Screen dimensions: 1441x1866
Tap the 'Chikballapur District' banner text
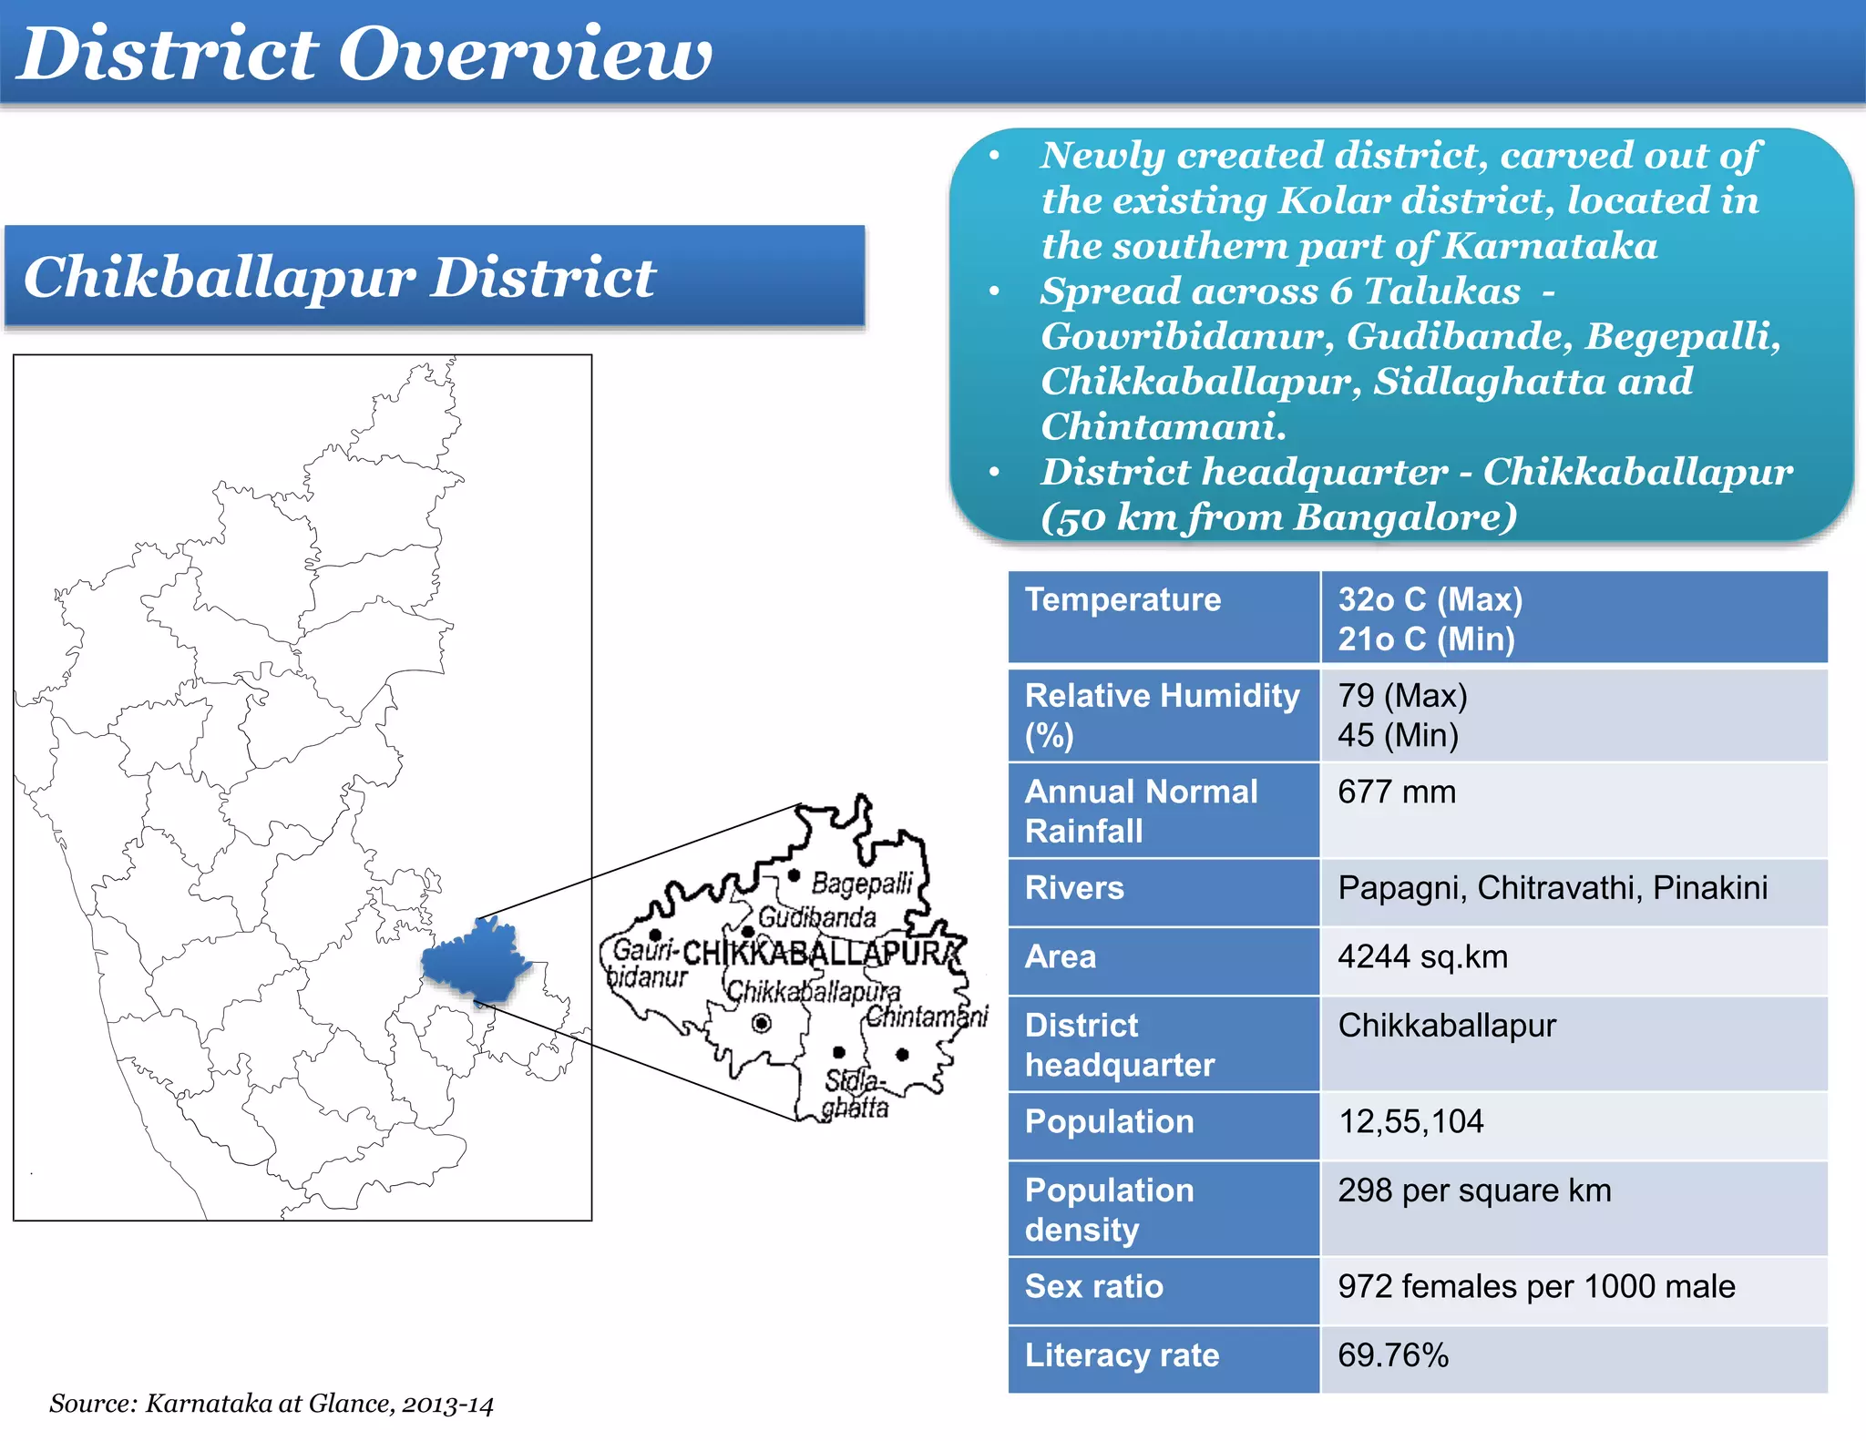tap(339, 277)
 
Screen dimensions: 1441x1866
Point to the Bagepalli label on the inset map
tap(861, 883)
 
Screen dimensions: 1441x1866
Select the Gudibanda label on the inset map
tap(816, 916)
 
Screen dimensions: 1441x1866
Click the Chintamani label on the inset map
tap(926, 1016)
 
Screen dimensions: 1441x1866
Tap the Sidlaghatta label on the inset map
tap(855, 1094)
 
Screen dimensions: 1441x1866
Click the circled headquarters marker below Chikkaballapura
tap(762, 1023)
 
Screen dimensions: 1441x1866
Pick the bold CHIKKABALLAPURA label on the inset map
tap(820, 954)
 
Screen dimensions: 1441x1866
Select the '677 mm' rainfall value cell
tap(1396, 792)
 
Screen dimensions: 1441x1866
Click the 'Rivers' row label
tap(1074, 888)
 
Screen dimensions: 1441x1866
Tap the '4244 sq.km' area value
tap(1422, 957)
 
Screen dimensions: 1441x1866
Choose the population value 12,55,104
tap(1410, 1121)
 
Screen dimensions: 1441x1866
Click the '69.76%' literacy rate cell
tap(1392, 1355)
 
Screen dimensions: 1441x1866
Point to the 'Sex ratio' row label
tap(1093, 1286)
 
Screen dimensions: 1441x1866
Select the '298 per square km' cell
tap(1473, 1191)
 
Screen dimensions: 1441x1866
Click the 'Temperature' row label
tap(1123, 599)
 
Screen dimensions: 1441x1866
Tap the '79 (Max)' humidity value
tap(1402, 696)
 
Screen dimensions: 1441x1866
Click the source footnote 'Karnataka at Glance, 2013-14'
tap(272, 1404)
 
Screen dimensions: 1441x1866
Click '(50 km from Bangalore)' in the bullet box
tap(1278, 517)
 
